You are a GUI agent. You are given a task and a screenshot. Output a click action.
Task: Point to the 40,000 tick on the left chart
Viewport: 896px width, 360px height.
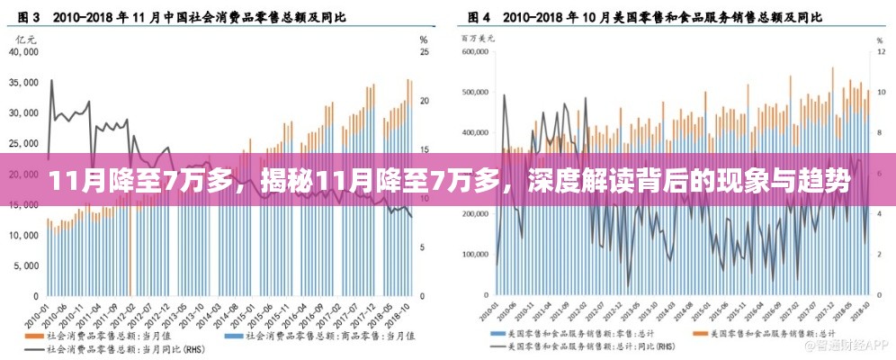pos(22,52)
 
